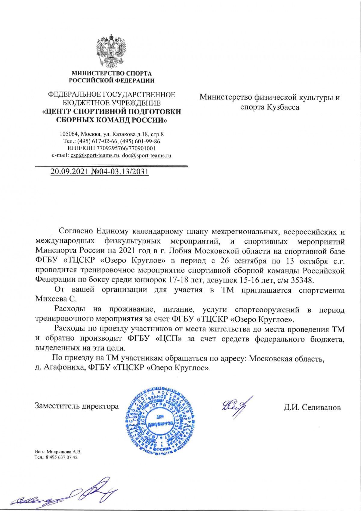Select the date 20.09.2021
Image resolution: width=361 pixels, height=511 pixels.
click(68, 172)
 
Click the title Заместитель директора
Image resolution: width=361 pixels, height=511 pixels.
click(77, 406)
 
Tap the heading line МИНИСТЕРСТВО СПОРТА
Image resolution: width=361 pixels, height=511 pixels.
click(112, 73)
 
